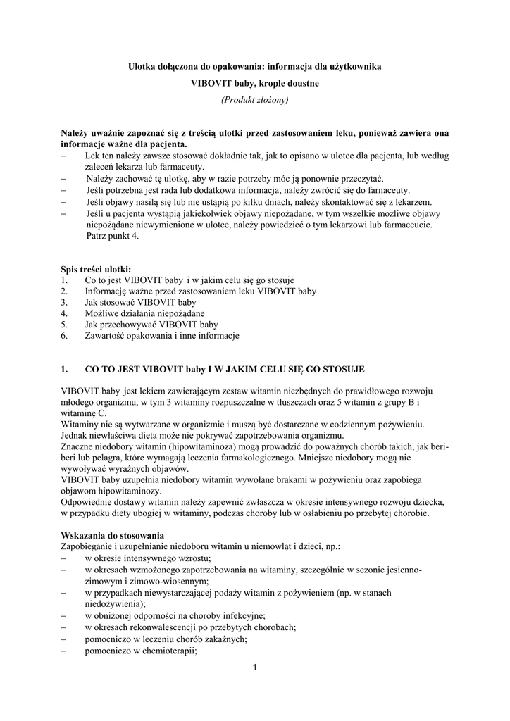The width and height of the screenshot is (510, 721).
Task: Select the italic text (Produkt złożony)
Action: tap(254, 100)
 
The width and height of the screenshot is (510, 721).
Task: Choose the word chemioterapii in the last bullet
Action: tap(169, 651)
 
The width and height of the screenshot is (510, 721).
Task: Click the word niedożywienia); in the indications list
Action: tap(115, 603)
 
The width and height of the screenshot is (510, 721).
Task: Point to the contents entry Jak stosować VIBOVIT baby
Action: tap(140, 302)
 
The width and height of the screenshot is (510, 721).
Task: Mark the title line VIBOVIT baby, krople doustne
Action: tap(255, 83)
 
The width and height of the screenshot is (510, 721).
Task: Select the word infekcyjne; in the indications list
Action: tap(241, 615)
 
